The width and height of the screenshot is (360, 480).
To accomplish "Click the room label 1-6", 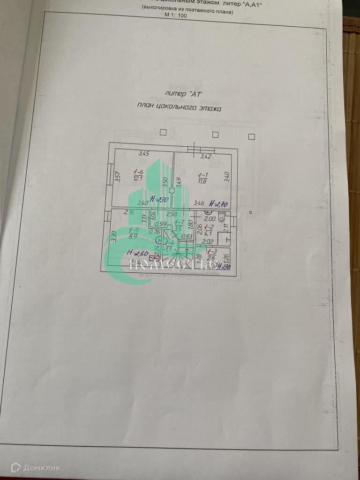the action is [x=138, y=172].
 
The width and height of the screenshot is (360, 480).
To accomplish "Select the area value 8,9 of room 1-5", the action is [x=134, y=238].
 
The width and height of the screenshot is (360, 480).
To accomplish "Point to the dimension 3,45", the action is [x=143, y=153].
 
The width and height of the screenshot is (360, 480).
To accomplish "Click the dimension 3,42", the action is [x=206, y=156].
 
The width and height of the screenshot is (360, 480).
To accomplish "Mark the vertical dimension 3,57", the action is [x=118, y=176].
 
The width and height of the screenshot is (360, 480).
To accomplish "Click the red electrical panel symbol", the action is [x=151, y=257].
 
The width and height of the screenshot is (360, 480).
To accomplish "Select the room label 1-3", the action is [x=211, y=252].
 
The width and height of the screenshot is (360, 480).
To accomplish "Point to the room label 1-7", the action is [x=179, y=222].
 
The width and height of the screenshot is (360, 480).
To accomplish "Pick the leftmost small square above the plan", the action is [x=163, y=132].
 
